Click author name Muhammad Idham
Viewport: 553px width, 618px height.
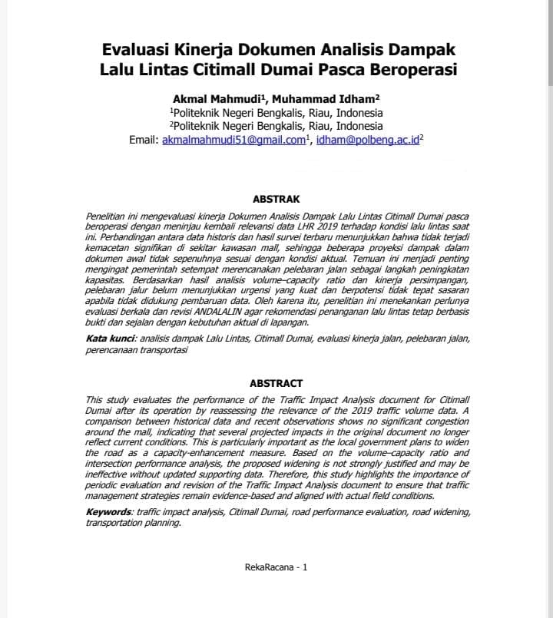329,99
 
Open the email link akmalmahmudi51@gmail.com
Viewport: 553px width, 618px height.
233,140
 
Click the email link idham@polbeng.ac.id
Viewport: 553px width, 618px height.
368,140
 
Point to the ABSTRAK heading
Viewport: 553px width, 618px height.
276,199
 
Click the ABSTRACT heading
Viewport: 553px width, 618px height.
276,383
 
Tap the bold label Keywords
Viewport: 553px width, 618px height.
108,511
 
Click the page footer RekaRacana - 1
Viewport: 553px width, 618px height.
276,567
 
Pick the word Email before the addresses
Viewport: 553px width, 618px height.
143,140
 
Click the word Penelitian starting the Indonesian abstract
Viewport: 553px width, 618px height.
107,218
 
